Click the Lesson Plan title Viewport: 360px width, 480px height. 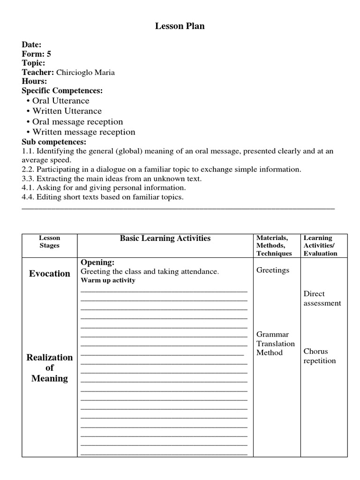[180, 26]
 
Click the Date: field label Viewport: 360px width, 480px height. [31, 45]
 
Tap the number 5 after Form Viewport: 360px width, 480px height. [49, 54]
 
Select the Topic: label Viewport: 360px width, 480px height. [33, 63]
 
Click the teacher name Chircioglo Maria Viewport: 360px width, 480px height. [85, 72]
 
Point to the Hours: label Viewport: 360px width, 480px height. [34, 81]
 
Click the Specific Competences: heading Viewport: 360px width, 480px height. [62, 90]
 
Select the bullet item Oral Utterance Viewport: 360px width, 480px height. [60, 101]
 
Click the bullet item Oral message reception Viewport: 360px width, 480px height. [77, 121]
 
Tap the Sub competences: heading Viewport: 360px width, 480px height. [54, 142]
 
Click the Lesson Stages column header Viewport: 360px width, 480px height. [49, 242]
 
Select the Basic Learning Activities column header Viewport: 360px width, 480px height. [165, 238]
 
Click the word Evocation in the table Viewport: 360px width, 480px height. [49, 273]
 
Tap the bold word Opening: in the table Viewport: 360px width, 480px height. [97, 262]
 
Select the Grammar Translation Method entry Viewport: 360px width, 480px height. [276, 344]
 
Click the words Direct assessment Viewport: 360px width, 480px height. [322, 299]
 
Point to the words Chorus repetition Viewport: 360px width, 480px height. [320, 356]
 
